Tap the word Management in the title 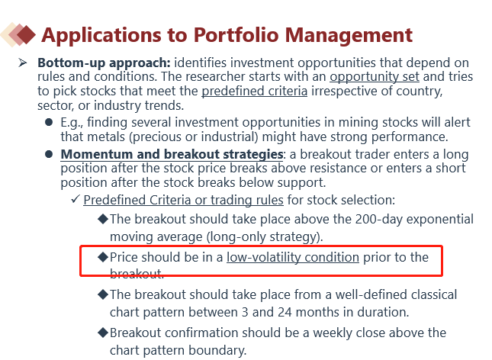(x=349, y=36)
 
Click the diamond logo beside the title (x=18, y=34)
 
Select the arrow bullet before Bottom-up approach (x=22, y=63)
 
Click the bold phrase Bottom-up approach (x=104, y=63)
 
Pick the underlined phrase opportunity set (x=375, y=77)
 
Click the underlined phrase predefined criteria (x=255, y=92)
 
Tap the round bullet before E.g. (x=49, y=122)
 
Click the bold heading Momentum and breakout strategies (x=172, y=154)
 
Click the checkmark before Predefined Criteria (x=76, y=199)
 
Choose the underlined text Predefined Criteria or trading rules (x=184, y=201)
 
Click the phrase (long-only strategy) (x=265, y=237)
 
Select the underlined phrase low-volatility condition (x=293, y=257)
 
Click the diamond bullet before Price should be (x=103, y=257)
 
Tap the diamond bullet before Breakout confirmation (x=103, y=333)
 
